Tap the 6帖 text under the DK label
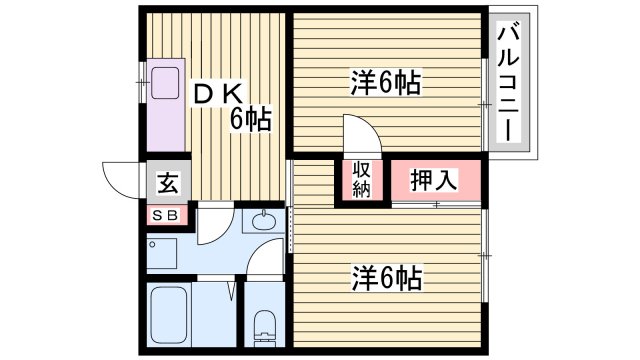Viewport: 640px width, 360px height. point(251,119)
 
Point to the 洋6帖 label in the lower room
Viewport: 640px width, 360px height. point(384,275)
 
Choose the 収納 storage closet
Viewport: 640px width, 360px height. point(361,179)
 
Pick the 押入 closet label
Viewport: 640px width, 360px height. point(434,180)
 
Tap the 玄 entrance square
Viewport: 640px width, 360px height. point(167,183)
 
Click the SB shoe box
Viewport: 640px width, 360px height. point(165,215)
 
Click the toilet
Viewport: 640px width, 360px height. point(265,325)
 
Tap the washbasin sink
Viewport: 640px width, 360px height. point(265,221)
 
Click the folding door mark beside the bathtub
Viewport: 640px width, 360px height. point(233,293)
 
